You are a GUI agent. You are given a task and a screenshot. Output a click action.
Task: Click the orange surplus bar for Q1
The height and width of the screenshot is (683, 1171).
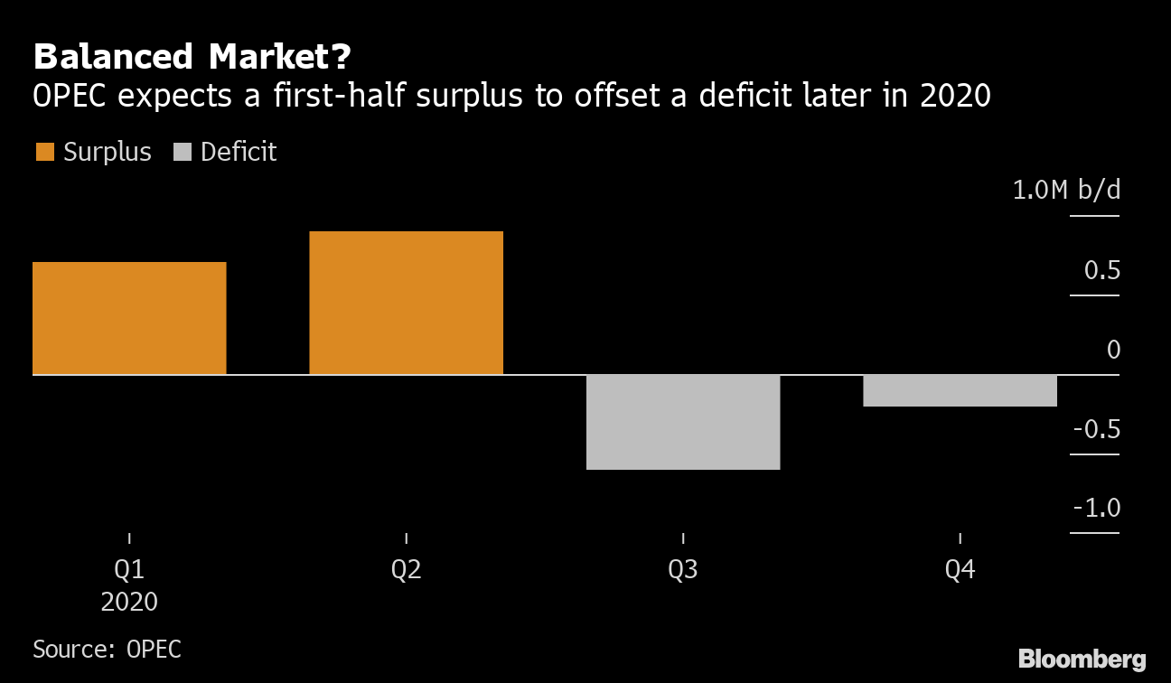(x=129, y=318)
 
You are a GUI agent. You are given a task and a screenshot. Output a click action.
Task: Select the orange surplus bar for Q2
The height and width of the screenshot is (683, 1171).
(x=406, y=303)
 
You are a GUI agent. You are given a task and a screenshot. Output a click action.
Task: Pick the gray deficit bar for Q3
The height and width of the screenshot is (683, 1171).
(x=683, y=422)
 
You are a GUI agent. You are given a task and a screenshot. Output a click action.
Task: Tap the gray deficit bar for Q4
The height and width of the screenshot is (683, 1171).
(x=960, y=390)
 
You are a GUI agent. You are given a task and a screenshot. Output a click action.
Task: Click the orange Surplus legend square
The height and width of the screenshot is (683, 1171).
(x=44, y=152)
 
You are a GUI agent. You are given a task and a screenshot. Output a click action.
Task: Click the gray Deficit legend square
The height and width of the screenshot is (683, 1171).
(x=182, y=152)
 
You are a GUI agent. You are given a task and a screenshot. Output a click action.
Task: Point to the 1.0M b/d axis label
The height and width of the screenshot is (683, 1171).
(x=1066, y=191)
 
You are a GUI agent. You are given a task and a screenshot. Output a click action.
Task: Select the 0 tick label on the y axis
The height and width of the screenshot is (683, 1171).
(x=1113, y=350)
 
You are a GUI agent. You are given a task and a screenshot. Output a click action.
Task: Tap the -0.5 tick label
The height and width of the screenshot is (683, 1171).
(x=1096, y=428)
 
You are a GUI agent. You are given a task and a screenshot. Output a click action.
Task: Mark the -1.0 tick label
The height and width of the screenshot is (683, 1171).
(x=1096, y=508)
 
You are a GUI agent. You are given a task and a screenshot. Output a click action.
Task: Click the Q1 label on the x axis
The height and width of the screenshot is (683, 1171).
(x=129, y=570)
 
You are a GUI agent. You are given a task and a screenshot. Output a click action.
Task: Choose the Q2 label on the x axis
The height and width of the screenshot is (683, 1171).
(x=406, y=570)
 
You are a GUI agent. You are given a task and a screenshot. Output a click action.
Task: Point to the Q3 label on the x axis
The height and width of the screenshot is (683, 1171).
(x=683, y=570)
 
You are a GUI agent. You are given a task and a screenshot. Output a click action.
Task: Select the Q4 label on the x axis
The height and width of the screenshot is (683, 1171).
(x=960, y=570)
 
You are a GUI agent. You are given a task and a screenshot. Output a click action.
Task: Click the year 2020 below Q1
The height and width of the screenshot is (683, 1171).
(x=129, y=602)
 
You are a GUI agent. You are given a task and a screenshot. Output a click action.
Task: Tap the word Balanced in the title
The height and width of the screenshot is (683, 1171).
(x=114, y=57)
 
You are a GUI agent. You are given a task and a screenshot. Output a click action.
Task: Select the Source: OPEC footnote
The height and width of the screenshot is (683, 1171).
(x=107, y=649)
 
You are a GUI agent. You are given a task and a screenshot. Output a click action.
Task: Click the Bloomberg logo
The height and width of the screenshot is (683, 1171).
(x=1082, y=659)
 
